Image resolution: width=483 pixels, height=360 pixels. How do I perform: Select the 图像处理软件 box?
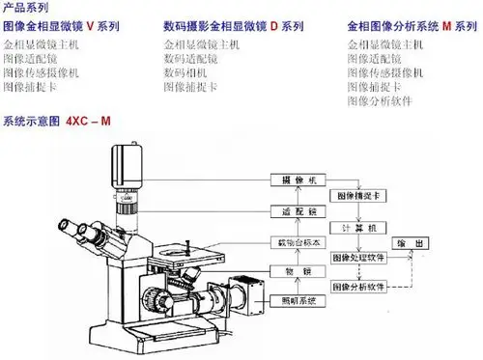click(359, 258)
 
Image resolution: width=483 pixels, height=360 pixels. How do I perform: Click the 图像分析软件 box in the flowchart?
click(359, 287)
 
